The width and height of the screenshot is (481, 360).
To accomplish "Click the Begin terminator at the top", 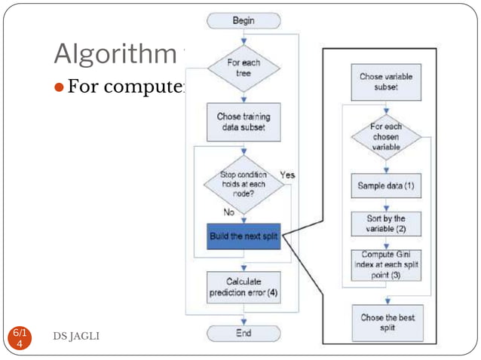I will pos(244,20).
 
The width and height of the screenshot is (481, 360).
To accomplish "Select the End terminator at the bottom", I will pos(244,333).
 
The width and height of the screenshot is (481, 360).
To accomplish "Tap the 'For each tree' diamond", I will pos(244,69).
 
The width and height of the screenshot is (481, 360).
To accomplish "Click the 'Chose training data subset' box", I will pos(244,122).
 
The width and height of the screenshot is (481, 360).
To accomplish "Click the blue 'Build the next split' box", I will pos(244,236).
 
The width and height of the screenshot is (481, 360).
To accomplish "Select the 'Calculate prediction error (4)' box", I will pos(244,286).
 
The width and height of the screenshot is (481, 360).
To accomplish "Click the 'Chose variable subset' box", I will pos(386,81).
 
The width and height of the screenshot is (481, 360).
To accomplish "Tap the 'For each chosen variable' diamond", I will pos(386,138).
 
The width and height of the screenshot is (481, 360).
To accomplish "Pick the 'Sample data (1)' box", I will pos(386,185).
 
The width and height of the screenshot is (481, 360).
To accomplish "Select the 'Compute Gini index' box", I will pos(386,265).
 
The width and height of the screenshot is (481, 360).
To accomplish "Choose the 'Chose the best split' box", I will pos(386,323).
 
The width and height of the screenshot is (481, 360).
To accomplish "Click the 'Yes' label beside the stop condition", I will pos(287,175).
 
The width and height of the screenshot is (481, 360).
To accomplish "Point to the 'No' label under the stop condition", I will pos(229,213).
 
